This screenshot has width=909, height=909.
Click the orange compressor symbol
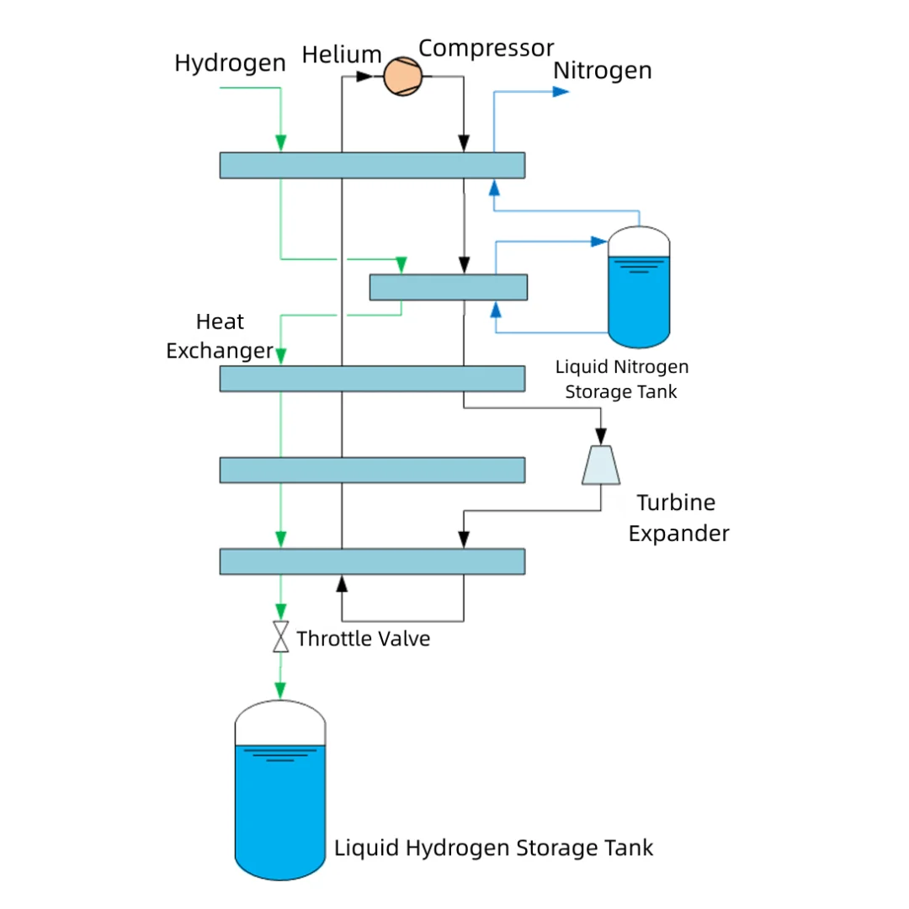(401, 77)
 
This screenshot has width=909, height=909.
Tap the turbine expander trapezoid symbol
(601, 465)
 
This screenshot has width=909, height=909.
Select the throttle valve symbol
(281, 636)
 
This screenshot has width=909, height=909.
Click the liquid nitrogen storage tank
(639, 288)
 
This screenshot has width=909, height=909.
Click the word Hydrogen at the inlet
(230, 63)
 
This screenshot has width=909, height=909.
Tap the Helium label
(342, 55)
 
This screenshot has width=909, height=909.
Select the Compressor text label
(486, 48)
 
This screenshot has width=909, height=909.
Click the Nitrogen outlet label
(602, 71)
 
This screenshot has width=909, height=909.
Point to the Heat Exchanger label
(220, 336)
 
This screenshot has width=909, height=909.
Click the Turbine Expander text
(678, 518)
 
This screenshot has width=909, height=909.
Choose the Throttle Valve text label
(363, 639)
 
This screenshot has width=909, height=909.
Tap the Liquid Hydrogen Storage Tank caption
(493, 847)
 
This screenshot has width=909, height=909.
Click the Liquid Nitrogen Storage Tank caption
(621, 379)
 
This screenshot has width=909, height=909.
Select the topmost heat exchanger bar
(372, 165)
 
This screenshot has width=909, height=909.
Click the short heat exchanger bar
(448, 287)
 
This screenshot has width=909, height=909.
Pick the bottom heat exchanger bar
(372, 561)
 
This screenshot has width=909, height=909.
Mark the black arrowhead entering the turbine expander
(601, 437)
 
